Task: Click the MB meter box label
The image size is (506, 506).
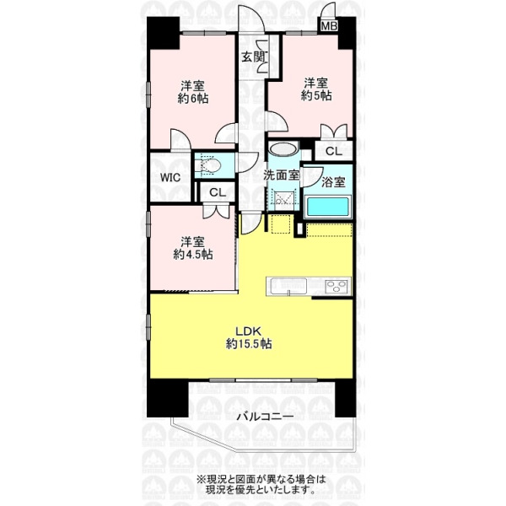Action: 329,26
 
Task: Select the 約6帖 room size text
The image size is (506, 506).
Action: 193,99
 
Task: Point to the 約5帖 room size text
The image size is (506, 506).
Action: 316,95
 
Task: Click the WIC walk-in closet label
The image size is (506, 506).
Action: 170,177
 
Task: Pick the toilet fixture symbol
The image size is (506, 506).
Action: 209,166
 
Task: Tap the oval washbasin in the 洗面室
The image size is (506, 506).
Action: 283,149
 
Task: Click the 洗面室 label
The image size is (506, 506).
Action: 282,175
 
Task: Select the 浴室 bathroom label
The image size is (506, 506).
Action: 333,182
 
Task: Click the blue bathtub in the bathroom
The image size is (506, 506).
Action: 328,207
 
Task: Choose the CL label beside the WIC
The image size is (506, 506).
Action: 218,193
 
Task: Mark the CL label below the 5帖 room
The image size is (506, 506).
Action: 334,151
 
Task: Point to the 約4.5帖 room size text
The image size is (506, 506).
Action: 193,255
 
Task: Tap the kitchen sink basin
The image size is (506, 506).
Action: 288,287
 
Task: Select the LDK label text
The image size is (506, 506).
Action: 248,331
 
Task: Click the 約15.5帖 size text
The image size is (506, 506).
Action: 249,344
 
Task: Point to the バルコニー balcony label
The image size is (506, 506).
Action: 266,417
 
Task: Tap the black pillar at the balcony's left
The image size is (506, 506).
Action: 168,399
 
